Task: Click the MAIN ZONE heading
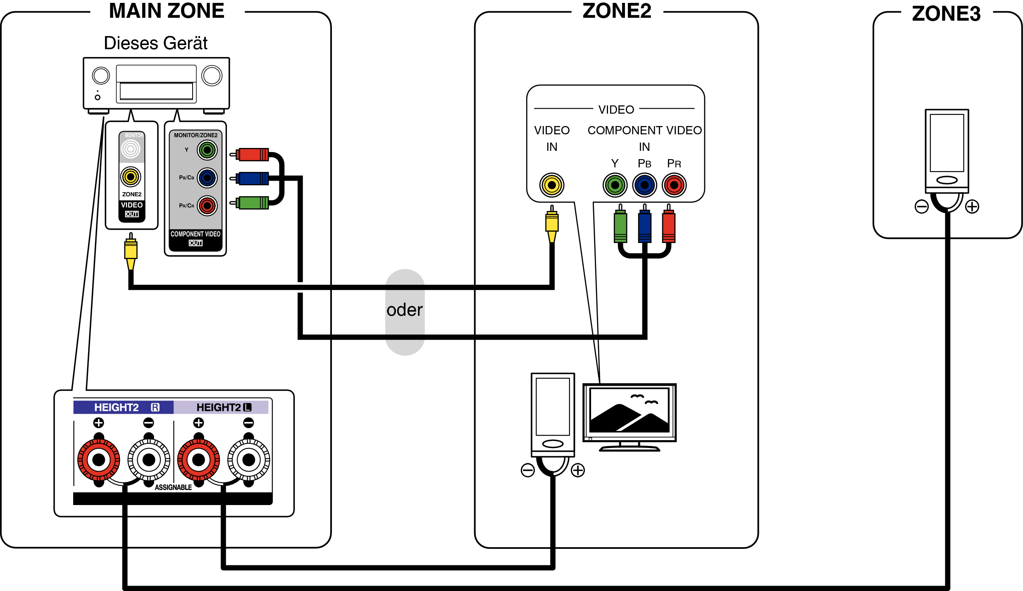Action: (x=167, y=11)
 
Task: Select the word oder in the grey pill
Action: (x=404, y=310)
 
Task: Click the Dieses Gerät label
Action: (x=155, y=43)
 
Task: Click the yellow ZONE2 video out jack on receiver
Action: (x=131, y=177)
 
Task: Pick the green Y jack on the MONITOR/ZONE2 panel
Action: (x=207, y=150)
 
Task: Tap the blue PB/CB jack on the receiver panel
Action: (x=207, y=178)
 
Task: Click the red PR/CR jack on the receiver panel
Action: (x=207, y=206)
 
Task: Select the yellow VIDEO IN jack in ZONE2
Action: (x=551, y=185)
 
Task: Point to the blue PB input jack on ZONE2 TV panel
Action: (x=644, y=185)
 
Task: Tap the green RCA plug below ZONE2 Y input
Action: (x=620, y=226)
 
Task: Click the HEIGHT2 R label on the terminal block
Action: (x=124, y=407)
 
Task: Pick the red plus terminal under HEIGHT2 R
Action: (x=99, y=460)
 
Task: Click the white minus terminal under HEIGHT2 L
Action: (x=248, y=460)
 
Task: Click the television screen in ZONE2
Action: (x=629, y=410)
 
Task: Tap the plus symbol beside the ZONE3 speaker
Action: (x=972, y=206)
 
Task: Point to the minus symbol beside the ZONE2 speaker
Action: (x=527, y=470)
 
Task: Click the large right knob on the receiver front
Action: (x=212, y=76)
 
